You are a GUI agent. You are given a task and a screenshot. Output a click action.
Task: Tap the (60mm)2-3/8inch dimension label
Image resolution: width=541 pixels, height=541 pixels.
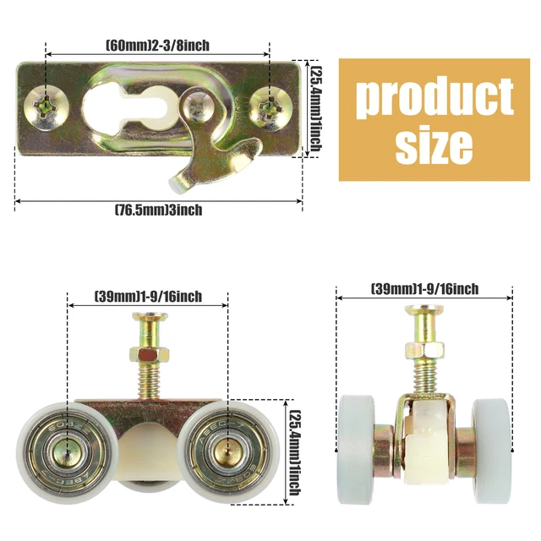(x=157, y=45)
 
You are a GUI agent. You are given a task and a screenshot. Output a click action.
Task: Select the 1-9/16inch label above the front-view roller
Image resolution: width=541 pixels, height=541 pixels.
(x=424, y=288)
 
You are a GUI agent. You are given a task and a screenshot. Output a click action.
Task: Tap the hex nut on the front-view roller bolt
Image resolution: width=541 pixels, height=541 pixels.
(x=424, y=347)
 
